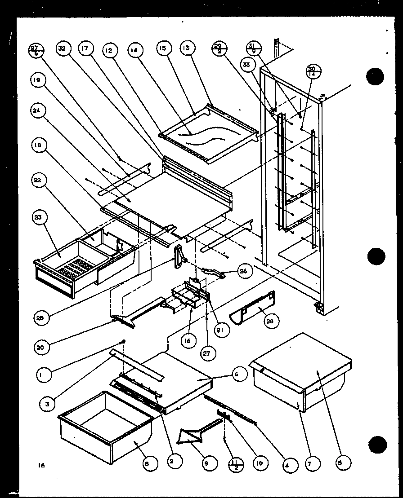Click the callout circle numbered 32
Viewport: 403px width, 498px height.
pyautogui.click(x=62, y=48)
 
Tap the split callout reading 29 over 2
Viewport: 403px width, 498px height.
pyautogui.click(x=219, y=48)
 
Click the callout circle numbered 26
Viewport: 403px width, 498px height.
pyautogui.click(x=245, y=271)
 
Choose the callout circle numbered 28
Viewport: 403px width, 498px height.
pyautogui.click(x=272, y=322)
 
